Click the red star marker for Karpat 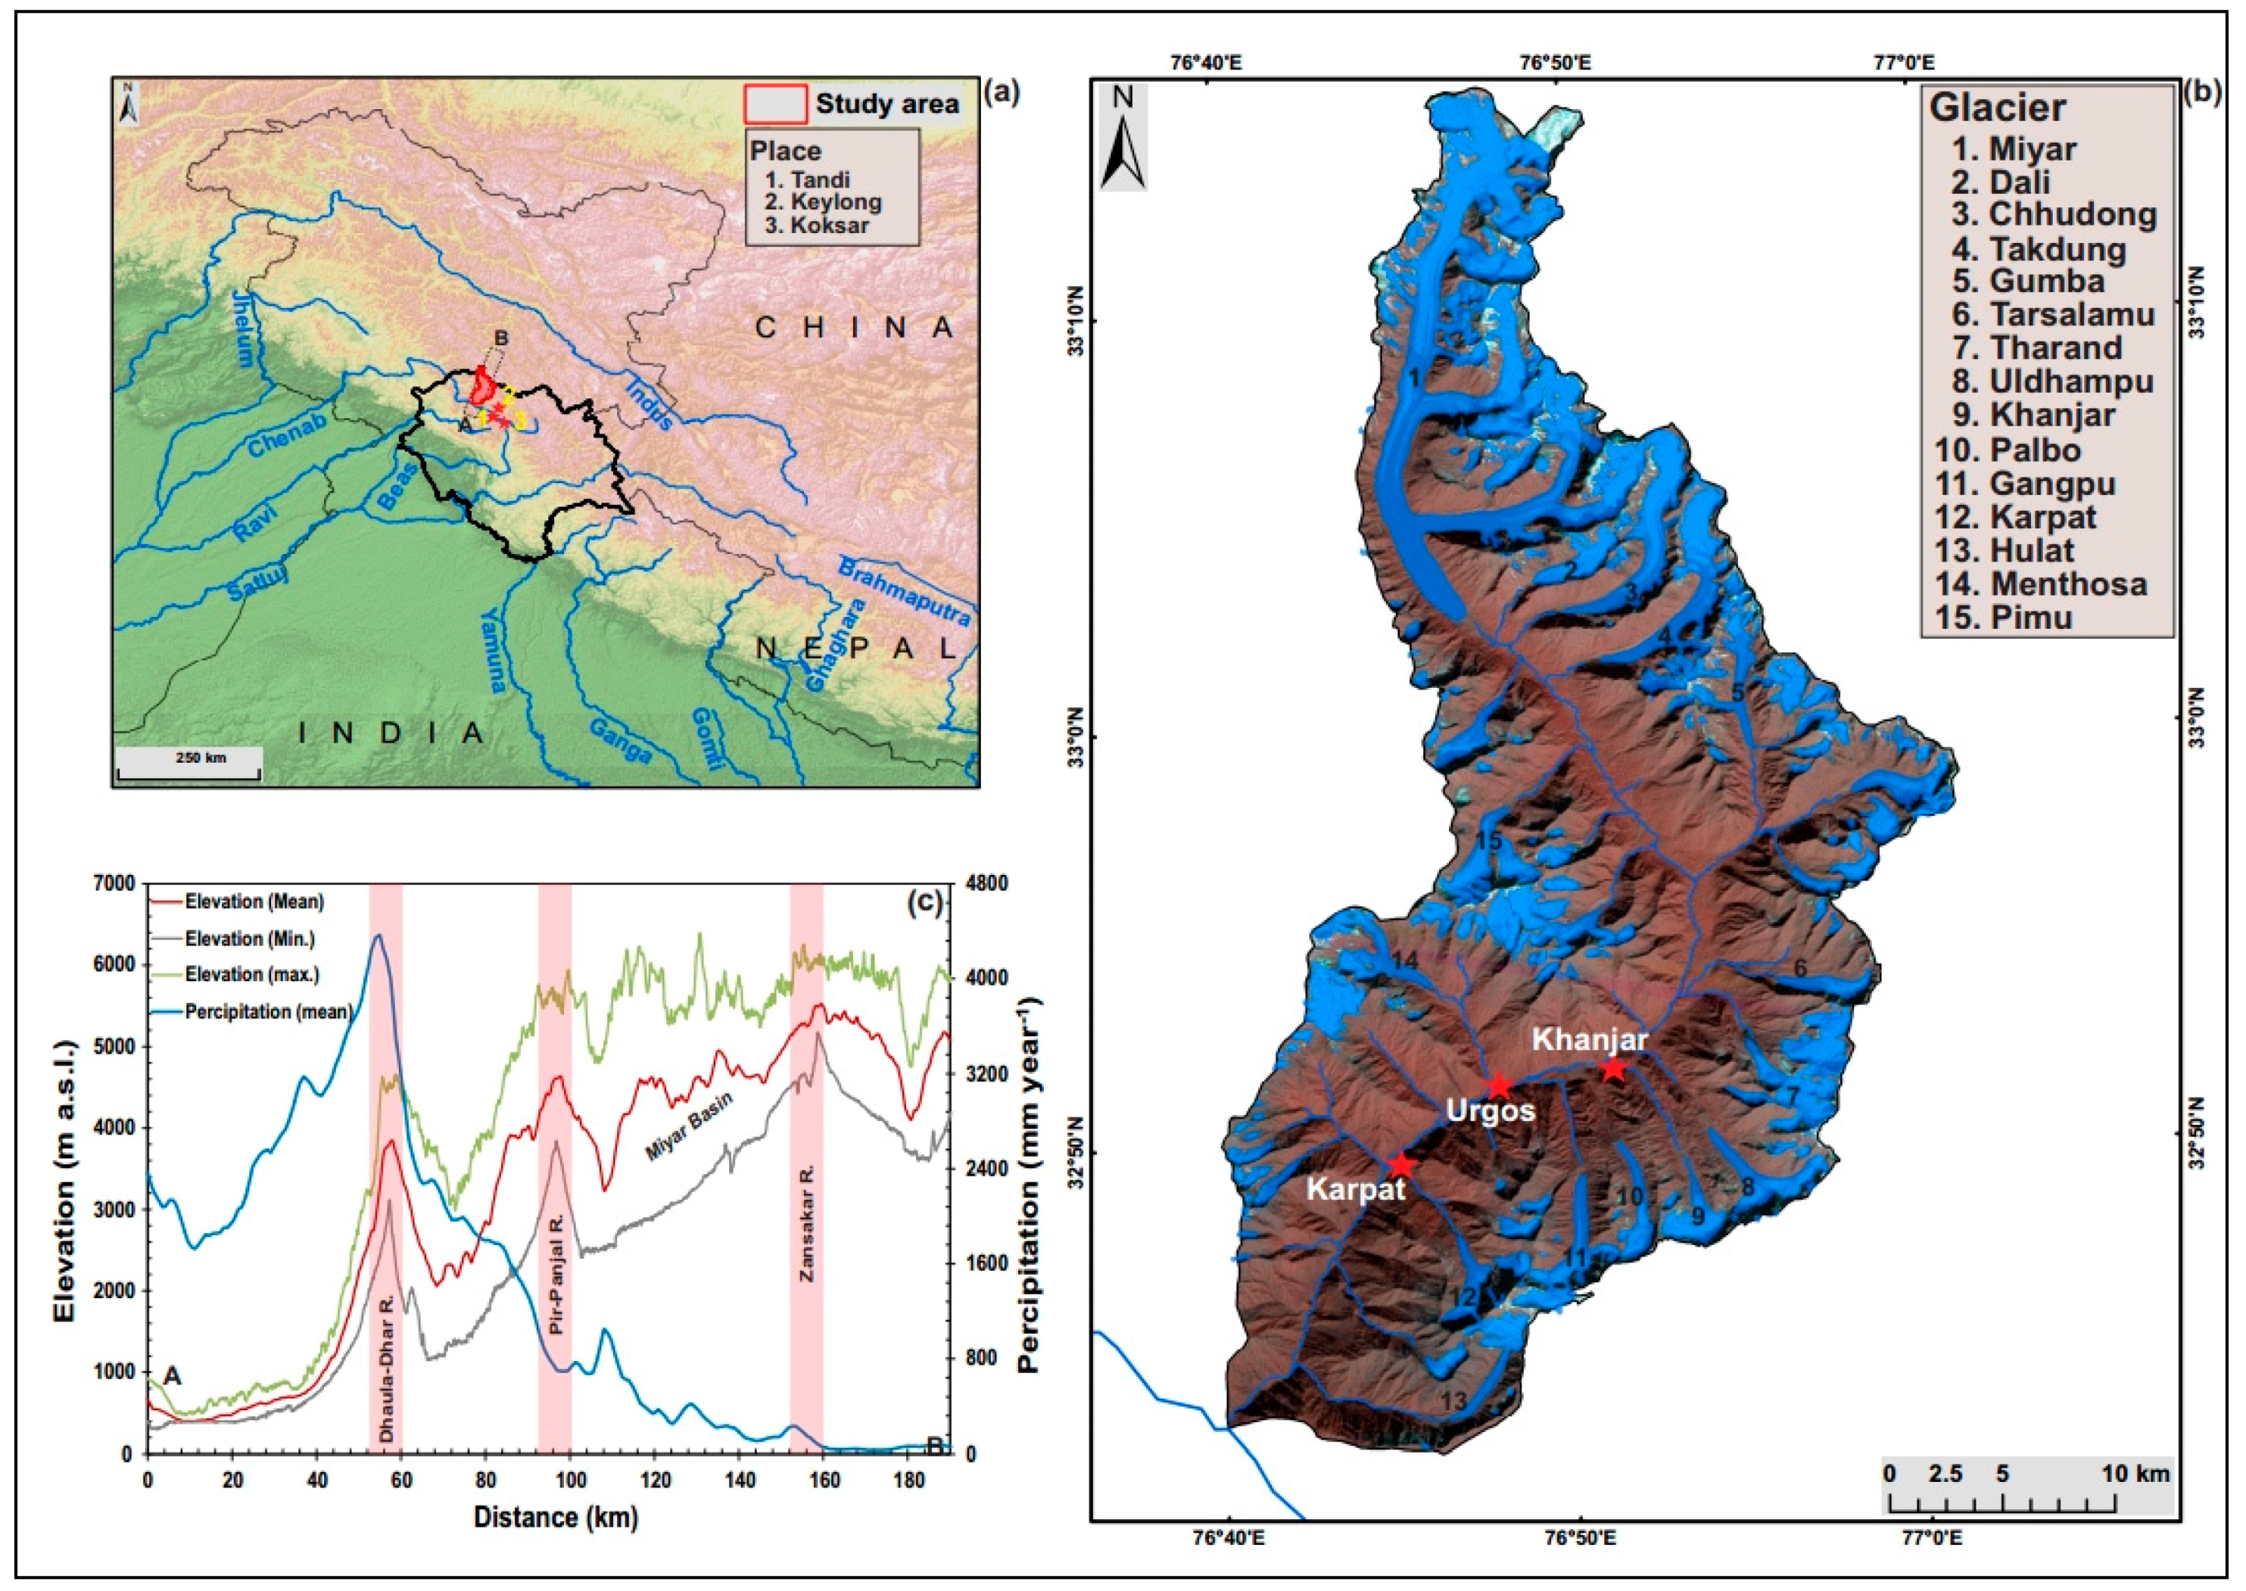coord(1402,1165)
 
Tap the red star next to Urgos coord(1497,1085)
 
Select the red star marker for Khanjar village coord(1613,1069)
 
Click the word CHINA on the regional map coord(854,327)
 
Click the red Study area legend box coord(776,103)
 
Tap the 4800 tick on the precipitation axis coord(985,884)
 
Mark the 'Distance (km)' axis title coord(555,1518)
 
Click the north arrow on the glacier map coord(1123,137)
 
